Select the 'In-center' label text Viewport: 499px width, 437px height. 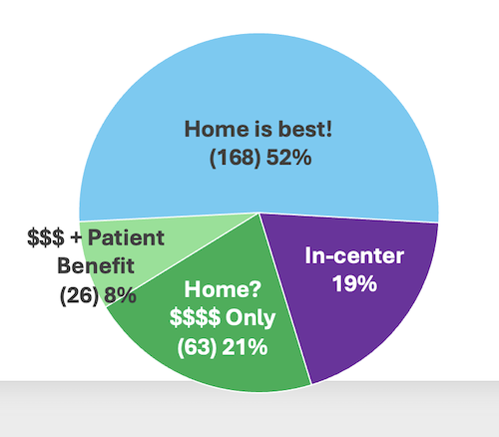tap(354, 256)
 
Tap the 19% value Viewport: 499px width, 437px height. tap(354, 283)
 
